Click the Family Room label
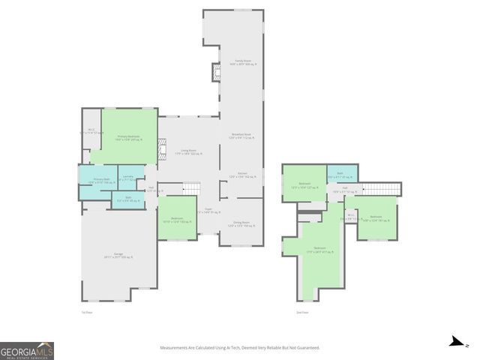[241, 62]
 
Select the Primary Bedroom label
[128, 137]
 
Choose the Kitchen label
[242, 175]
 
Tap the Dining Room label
[241, 223]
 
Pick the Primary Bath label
[101, 181]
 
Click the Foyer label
[208, 211]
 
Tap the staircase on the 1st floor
[193, 187]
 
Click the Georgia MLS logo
[27, 350]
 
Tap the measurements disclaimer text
[239, 348]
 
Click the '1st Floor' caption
[86, 312]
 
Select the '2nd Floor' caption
[302, 312]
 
